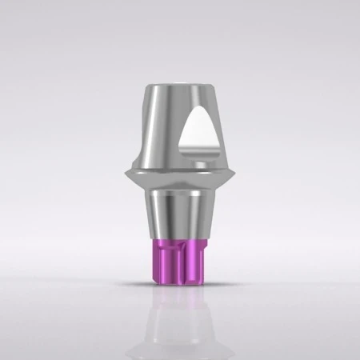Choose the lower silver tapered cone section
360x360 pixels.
(180, 212)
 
